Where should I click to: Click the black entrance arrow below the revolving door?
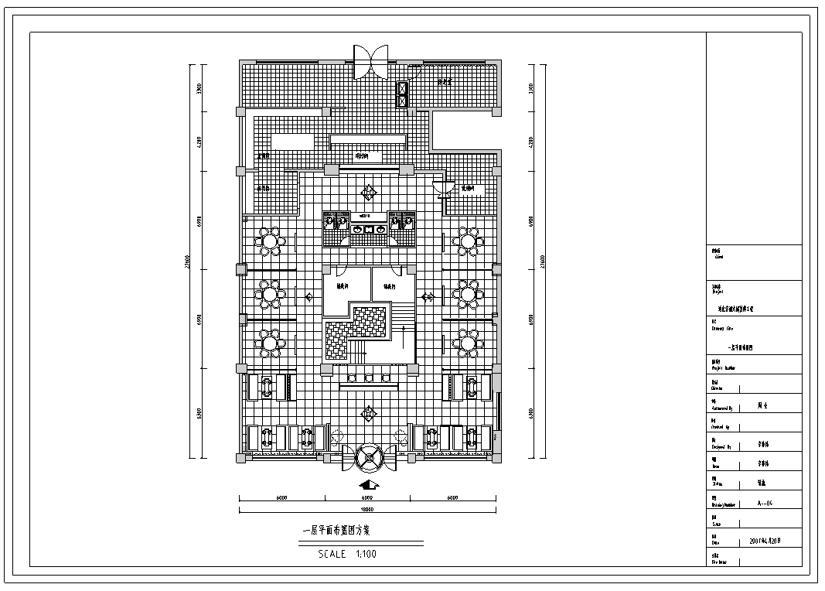(x=369, y=485)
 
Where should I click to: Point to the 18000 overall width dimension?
(x=367, y=510)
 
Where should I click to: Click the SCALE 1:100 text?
(x=347, y=554)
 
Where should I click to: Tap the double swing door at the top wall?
(x=370, y=61)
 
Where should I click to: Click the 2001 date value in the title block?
(x=765, y=541)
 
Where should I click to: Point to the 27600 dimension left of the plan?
(x=187, y=263)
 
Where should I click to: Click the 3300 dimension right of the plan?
(x=530, y=88)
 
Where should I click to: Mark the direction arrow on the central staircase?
(x=403, y=334)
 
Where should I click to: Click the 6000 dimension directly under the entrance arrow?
(x=367, y=497)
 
